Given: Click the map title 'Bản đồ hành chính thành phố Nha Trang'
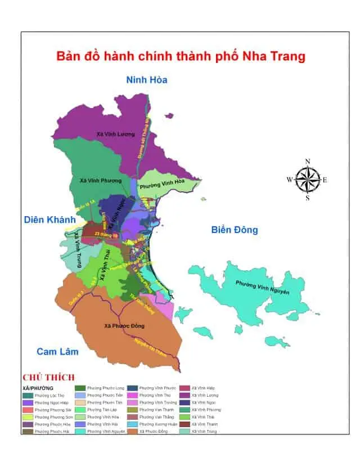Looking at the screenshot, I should [181, 57].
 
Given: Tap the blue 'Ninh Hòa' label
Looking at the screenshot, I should [146, 79].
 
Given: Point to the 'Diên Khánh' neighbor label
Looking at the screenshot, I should [47, 220].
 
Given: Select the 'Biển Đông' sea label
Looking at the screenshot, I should [235, 230].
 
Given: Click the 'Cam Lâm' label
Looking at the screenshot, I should [57, 352].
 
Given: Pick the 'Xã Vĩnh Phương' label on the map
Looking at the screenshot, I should [101, 180].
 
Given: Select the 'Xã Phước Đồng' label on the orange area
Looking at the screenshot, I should [124, 326].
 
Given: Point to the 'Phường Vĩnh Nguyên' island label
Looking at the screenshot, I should [262, 287].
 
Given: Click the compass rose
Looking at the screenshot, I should [307, 180].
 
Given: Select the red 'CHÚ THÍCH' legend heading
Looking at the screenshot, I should [48, 377].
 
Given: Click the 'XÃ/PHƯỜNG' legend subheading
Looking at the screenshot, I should [38, 388].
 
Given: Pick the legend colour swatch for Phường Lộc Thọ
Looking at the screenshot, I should [28, 396].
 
